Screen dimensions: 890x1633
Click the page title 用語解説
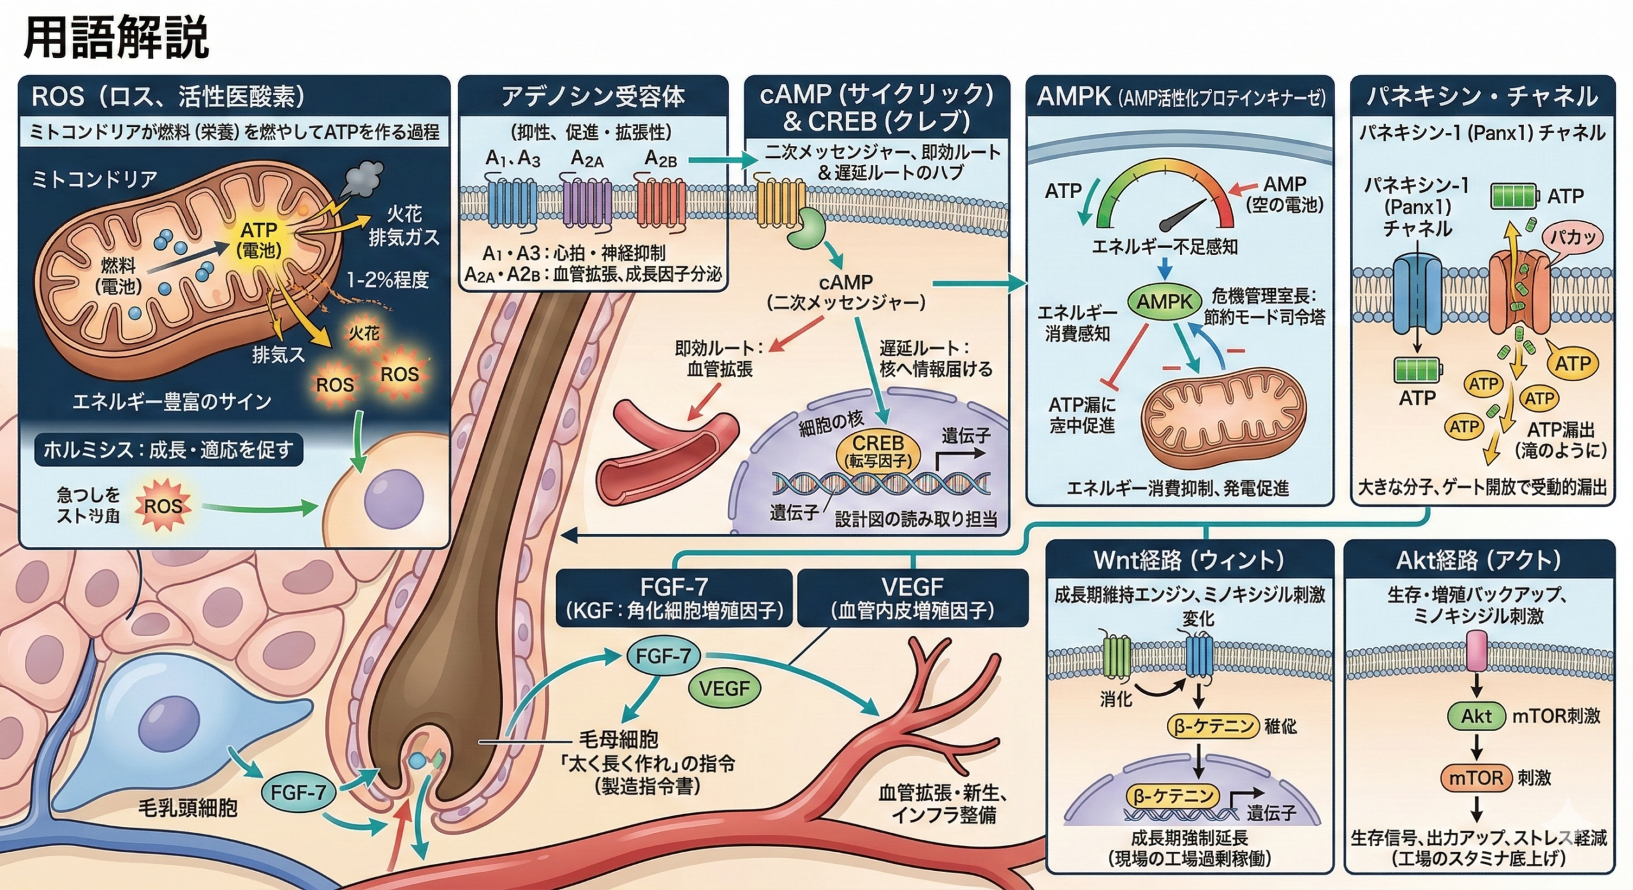(116, 37)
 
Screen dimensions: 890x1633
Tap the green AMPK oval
(1164, 302)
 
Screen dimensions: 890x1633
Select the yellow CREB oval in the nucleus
(878, 451)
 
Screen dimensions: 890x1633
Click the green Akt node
(1476, 716)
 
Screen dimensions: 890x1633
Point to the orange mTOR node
(1476, 778)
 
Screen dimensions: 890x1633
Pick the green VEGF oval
(724, 689)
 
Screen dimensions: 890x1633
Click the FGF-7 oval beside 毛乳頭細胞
(298, 792)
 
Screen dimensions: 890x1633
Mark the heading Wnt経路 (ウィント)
(1189, 560)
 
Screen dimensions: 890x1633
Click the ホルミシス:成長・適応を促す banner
(168, 450)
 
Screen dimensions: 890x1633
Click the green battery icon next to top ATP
(1513, 196)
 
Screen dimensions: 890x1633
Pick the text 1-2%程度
(387, 279)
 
